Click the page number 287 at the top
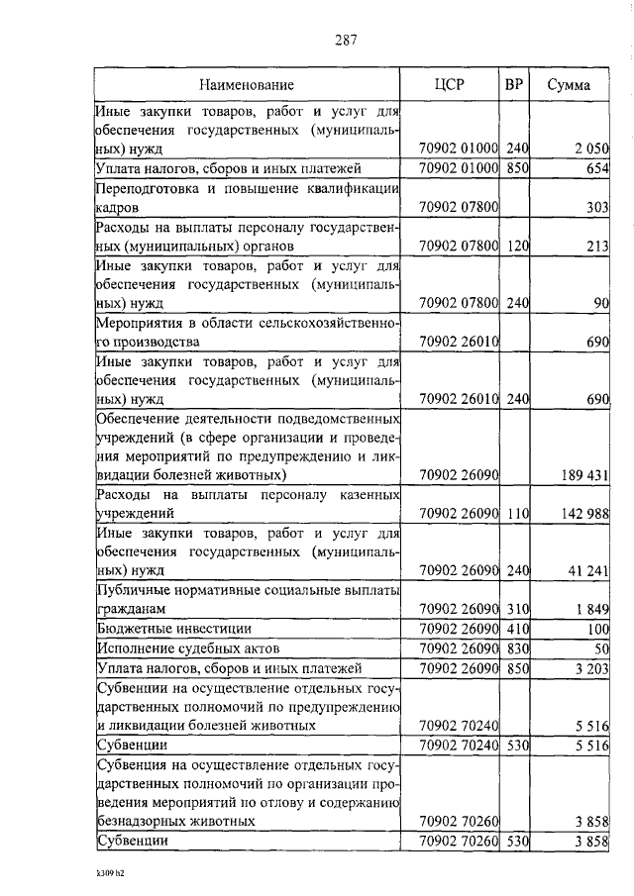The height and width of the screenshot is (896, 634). pyautogui.click(x=345, y=40)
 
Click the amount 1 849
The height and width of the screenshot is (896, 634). pyautogui.click(x=590, y=609)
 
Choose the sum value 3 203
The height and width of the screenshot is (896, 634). pyautogui.click(x=590, y=668)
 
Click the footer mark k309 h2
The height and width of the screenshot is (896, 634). pyautogui.click(x=111, y=875)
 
